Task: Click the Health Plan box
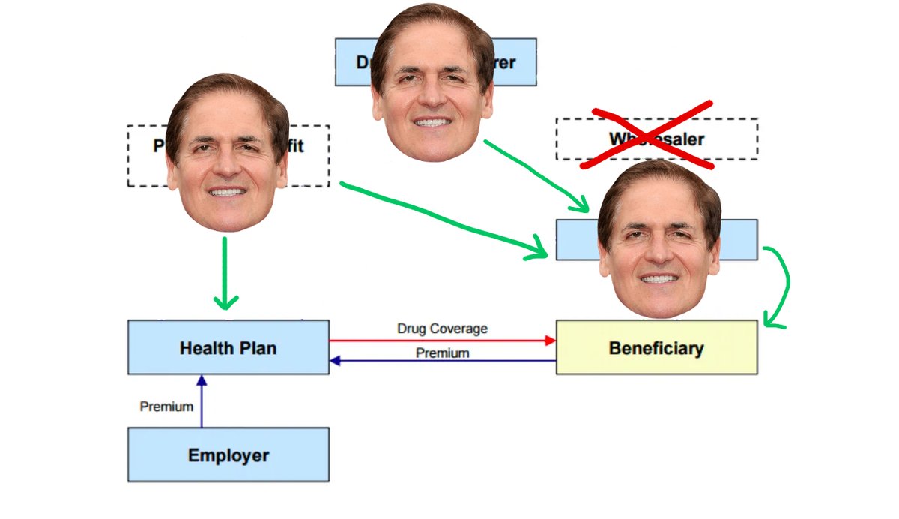228,347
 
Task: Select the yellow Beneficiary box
656,347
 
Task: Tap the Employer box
228,454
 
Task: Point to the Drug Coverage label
442,328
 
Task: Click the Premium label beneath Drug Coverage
442,352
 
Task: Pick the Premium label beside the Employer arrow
166,406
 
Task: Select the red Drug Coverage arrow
442,340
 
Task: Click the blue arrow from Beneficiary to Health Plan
442,361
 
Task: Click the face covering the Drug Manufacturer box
432,82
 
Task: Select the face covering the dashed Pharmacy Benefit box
226,154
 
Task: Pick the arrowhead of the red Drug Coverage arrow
551,340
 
